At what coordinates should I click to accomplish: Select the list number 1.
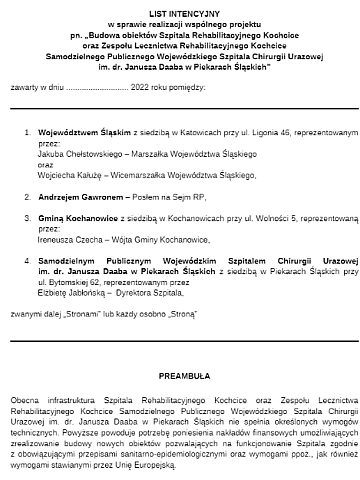pyautogui.click(x=27, y=130)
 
